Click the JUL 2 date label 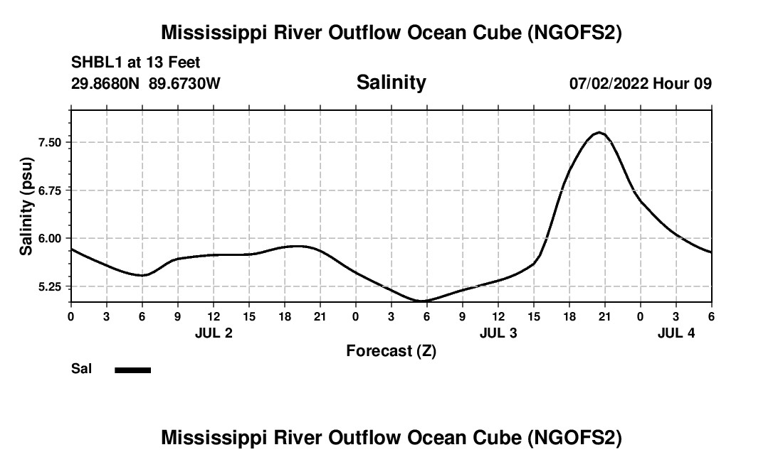pos(214,333)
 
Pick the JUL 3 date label pos(498,333)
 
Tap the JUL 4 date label pos(676,333)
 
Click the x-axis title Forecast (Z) pos(391,350)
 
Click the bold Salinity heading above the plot pos(391,82)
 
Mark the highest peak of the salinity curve pos(600,132)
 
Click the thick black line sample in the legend pos(132,370)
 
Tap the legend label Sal pos(80,369)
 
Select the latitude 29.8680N pos(107,83)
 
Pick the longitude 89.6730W pos(184,83)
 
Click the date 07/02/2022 pos(609,83)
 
